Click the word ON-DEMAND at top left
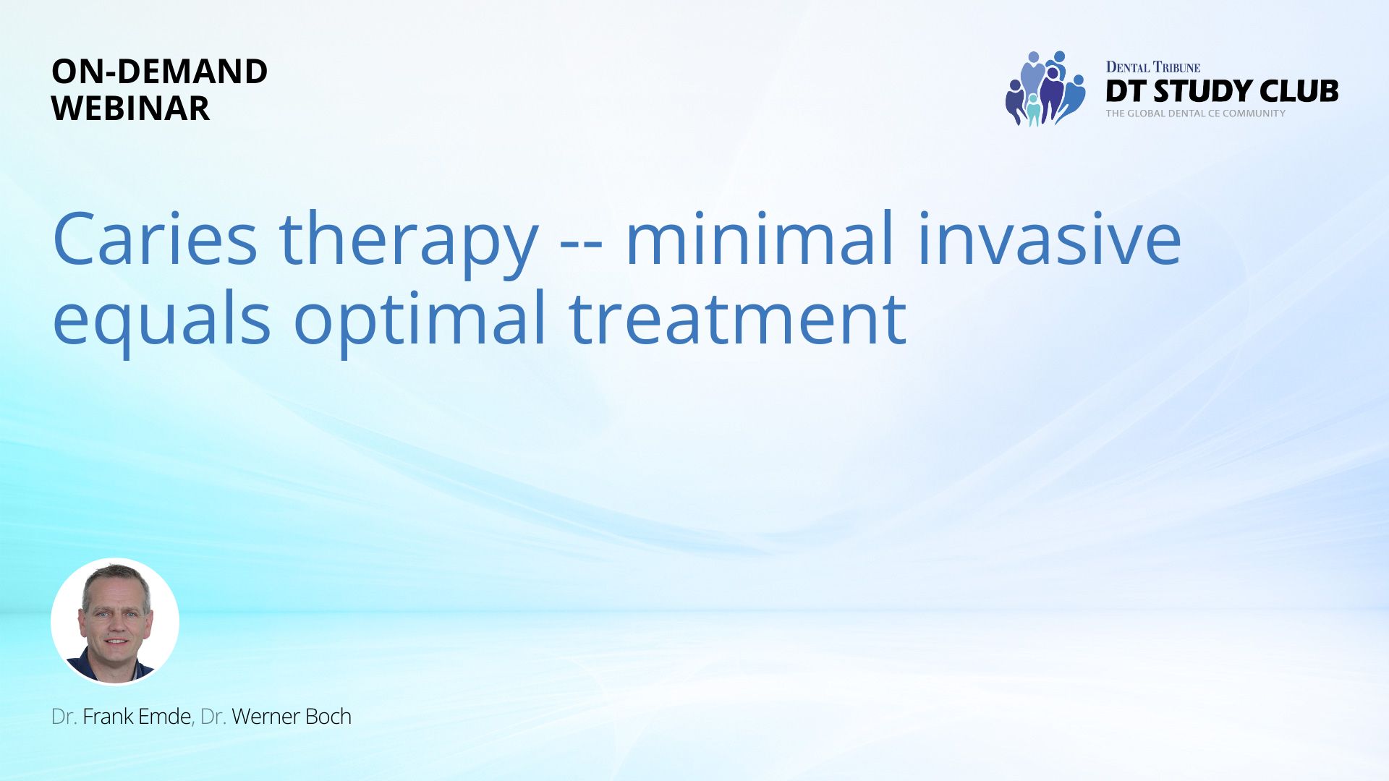click(160, 72)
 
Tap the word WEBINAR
click(131, 108)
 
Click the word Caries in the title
click(155, 239)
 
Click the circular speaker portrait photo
click(115, 621)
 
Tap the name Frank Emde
click(137, 717)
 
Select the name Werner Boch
click(292, 717)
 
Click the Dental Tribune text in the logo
click(1152, 67)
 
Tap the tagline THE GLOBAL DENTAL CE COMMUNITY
click(1195, 114)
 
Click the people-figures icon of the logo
click(1045, 88)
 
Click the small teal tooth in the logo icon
click(1033, 111)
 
